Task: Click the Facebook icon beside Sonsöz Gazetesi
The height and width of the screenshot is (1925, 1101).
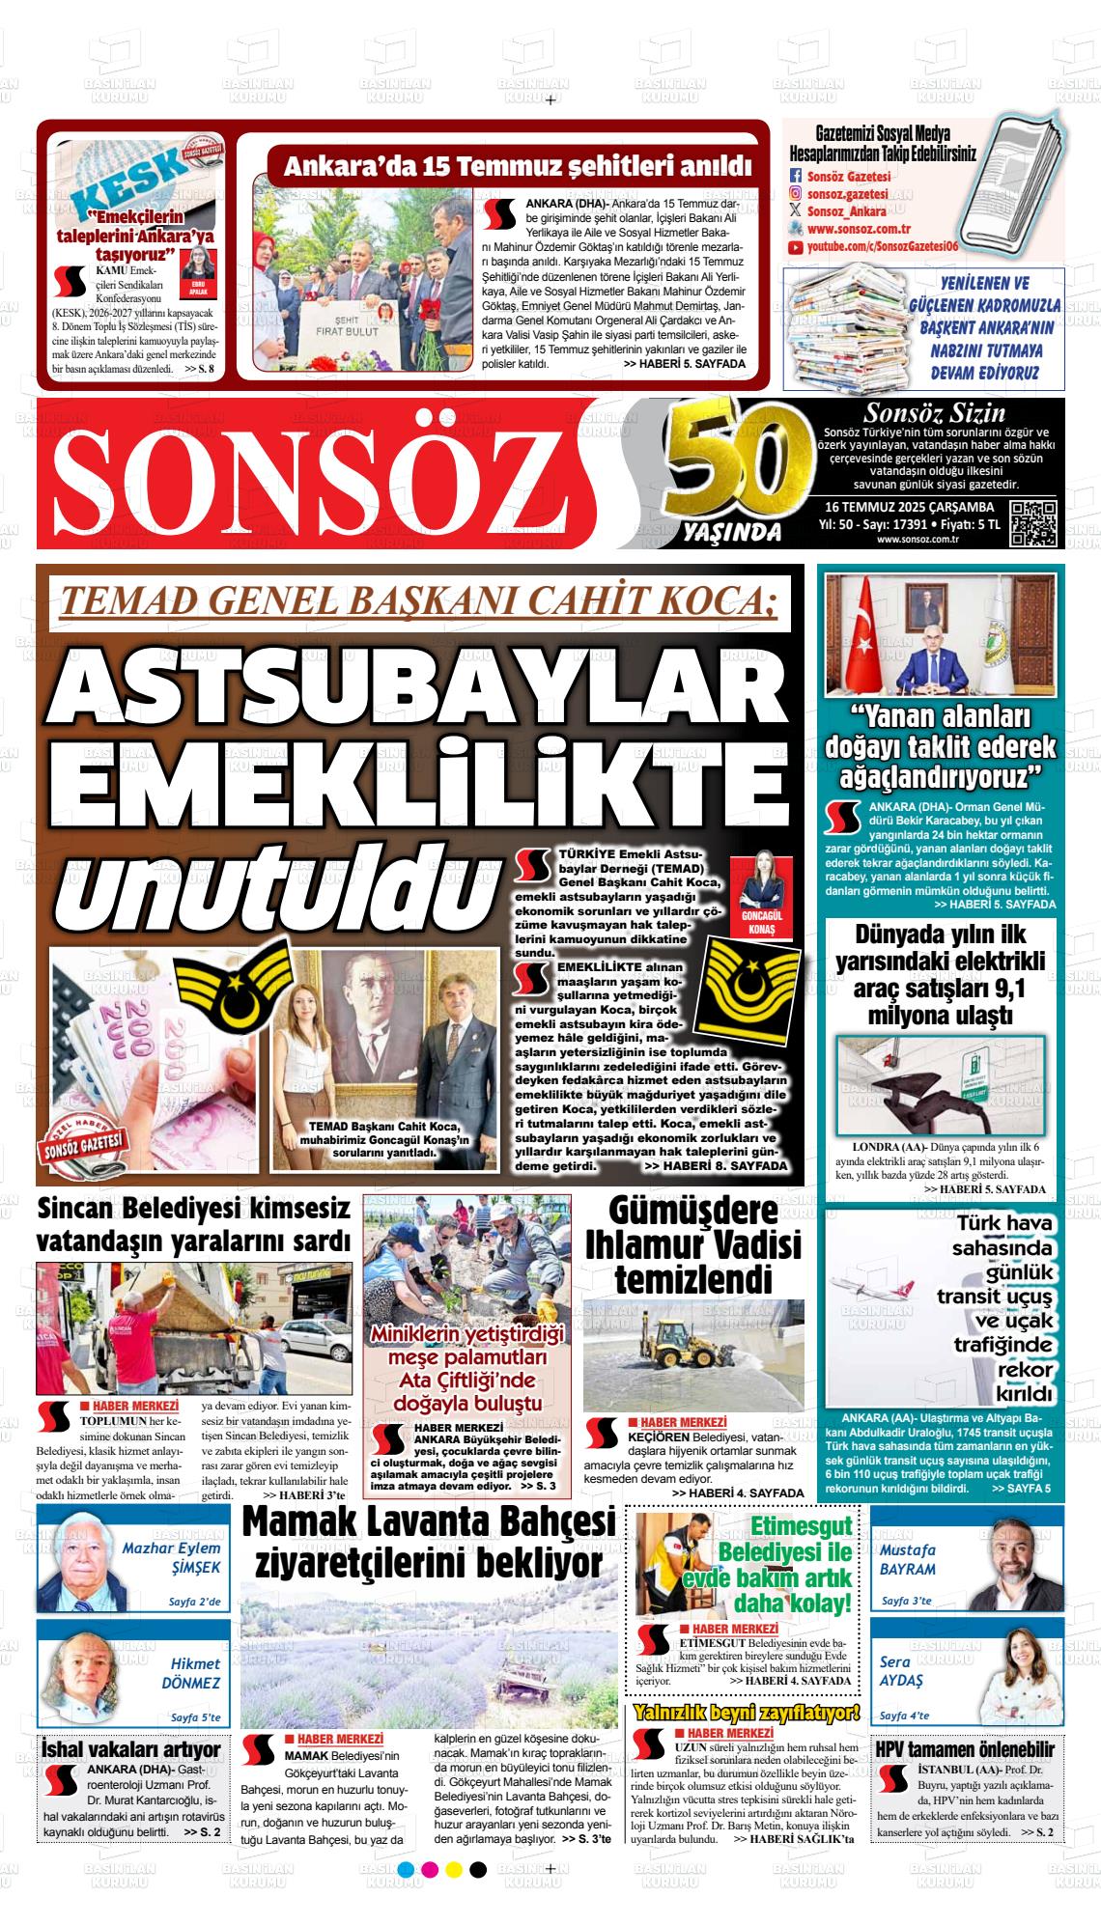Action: point(796,177)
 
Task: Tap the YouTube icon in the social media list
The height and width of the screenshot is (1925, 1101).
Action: point(795,247)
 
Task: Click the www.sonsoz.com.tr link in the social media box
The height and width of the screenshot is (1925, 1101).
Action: point(860,230)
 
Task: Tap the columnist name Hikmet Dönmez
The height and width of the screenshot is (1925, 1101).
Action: point(194,1673)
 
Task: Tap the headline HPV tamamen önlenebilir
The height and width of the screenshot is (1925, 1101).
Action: point(965,1749)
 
